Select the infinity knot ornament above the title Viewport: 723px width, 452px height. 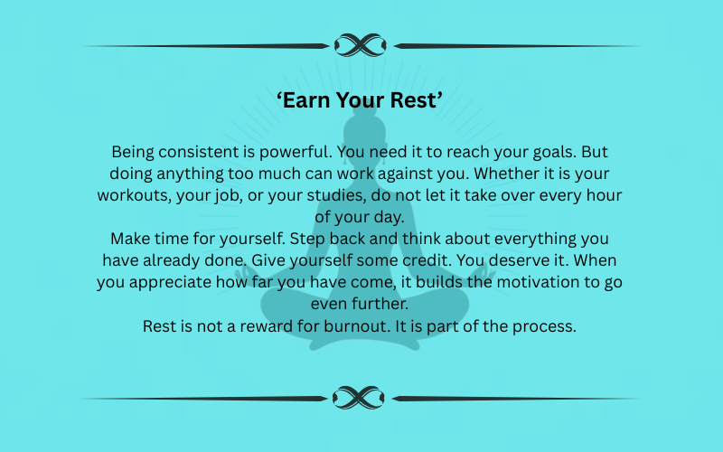(361, 44)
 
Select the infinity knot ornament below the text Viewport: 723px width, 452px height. (361, 397)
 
